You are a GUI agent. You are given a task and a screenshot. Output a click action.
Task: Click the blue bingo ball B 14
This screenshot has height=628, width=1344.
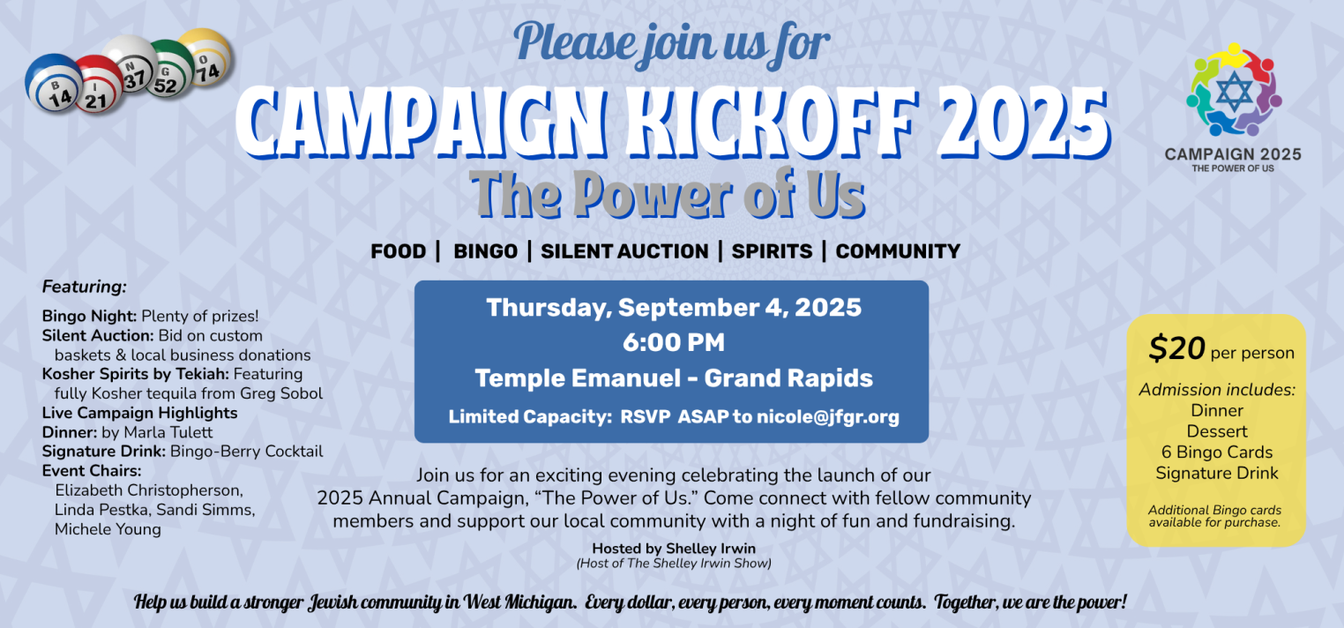click(53, 84)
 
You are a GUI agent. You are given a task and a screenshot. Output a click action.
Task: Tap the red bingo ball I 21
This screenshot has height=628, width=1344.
click(99, 86)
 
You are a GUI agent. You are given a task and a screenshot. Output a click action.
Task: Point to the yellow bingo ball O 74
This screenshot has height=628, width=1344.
click(205, 57)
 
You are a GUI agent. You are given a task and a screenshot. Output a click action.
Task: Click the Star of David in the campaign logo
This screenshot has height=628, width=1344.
click(1234, 91)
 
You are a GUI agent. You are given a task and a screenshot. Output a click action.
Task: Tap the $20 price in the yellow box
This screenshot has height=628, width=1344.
click(1176, 348)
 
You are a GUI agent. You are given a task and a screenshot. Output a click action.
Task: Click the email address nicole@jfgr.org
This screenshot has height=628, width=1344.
click(828, 417)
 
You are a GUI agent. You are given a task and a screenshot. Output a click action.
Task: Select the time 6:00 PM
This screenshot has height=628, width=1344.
click(673, 342)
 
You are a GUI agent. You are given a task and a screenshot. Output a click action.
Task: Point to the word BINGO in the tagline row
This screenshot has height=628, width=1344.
click(485, 251)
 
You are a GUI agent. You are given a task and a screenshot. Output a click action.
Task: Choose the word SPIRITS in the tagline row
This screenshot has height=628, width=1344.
click(772, 251)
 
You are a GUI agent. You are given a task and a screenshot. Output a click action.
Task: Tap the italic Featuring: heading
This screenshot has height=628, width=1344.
click(85, 287)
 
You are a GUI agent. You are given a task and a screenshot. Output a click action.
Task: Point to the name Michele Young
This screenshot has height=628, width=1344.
click(108, 529)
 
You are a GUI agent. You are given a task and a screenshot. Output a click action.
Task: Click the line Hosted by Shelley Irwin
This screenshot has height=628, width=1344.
click(674, 549)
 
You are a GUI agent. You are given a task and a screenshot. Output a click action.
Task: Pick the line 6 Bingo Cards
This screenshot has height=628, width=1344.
click(1217, 452)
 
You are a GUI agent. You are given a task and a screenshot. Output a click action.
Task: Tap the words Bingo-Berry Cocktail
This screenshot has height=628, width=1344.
click(247, 451)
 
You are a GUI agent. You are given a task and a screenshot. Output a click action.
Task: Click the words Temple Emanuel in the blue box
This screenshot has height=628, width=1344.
click(578, 378)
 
